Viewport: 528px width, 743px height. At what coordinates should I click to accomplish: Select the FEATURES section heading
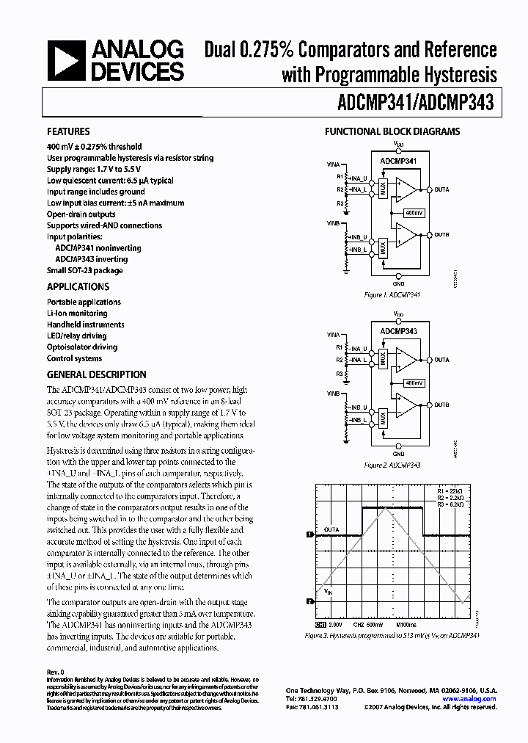(68, 131)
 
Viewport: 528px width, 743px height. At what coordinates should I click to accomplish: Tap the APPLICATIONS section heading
(78, 286)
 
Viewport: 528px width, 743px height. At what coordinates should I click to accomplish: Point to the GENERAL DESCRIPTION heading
(96, 374)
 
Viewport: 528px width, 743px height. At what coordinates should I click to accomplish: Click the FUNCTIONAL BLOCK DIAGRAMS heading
(392, 131)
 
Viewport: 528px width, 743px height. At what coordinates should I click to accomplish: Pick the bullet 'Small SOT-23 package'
(84, 270)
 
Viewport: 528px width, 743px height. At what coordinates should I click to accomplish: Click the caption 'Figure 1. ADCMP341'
(392, 294)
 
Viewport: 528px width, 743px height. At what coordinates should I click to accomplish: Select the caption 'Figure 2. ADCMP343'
(392, 465)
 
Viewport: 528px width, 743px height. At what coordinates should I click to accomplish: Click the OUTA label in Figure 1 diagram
(441, 189)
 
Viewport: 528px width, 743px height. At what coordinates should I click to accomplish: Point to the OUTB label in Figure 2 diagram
(441, 405)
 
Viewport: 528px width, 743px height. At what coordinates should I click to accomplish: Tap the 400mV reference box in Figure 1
(414, 212)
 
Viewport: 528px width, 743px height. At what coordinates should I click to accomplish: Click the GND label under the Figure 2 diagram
(398, 454)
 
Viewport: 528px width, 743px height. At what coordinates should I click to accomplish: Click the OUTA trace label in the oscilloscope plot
(331, 528)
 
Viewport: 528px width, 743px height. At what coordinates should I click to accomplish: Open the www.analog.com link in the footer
(476, 699)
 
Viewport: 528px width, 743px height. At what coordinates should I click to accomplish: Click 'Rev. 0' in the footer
(56, 672)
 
